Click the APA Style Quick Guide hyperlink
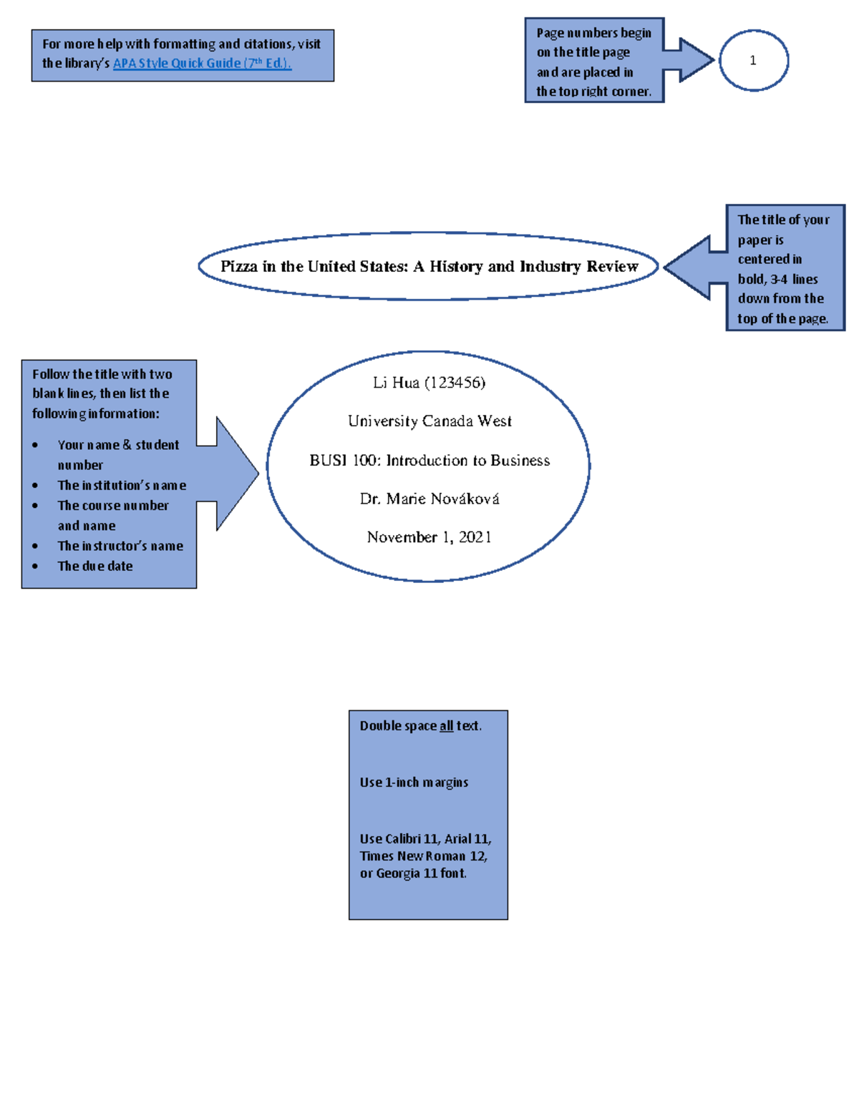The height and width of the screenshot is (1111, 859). tap(202, 63)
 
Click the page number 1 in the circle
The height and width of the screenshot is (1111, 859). tap(752, 61)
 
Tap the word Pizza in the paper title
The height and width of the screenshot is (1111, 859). tap(238, 266)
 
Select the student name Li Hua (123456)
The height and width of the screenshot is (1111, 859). tap(429, 383)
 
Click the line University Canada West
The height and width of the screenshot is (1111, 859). tap(429, 421)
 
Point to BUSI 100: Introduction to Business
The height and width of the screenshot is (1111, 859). tap(429, 460)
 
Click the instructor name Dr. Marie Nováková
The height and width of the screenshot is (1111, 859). tap(429, 499)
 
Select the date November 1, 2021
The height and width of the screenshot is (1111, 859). tap(429, 537)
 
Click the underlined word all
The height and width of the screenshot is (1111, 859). tap(446, 725)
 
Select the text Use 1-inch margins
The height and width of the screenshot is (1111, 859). tap(414, 782)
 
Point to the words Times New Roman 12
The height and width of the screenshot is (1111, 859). tap(423, 856)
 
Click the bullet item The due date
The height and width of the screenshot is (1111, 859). tap(95, 566)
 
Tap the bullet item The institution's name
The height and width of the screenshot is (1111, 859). tap(122, 485)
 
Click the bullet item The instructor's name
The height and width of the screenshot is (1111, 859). tap(120, 546)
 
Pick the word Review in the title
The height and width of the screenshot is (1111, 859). tap(612, 266)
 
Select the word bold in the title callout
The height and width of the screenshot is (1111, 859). tap(751, 279)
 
